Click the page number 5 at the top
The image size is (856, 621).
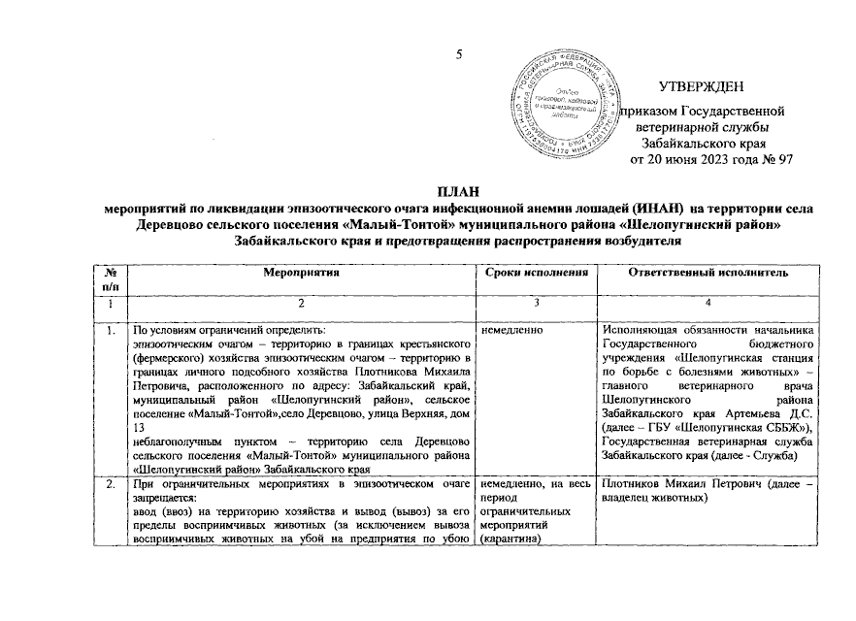tap(462, 53)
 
